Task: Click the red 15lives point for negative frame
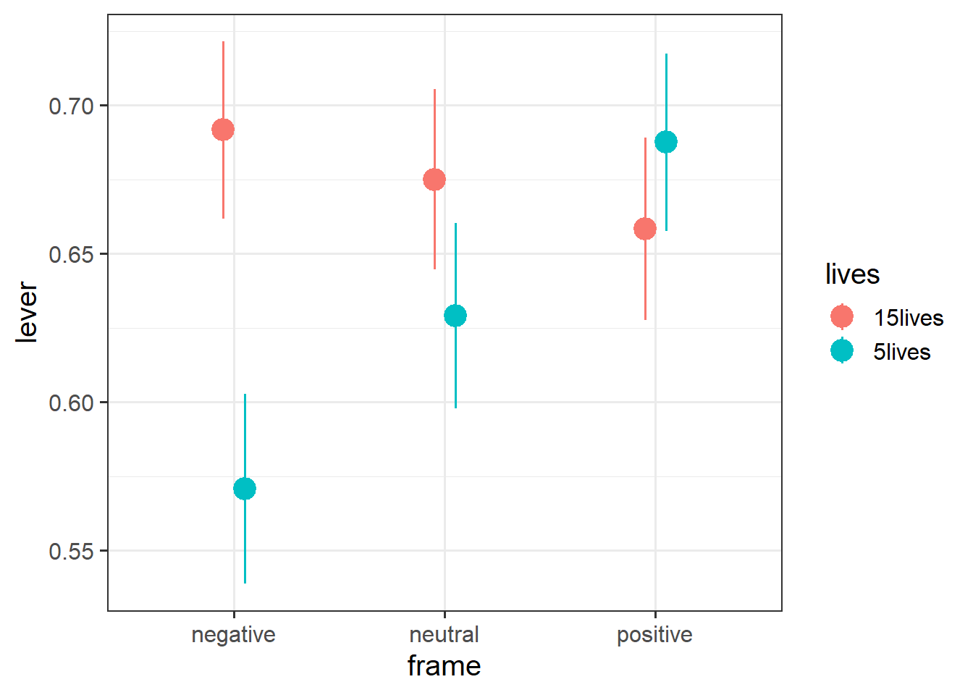point(223,130)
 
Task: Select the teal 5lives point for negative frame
point(245,489)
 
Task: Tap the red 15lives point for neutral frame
point(434,180)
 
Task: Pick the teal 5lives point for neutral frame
point(455,316)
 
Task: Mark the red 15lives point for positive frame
point(645,229)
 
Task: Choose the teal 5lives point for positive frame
point(666,142)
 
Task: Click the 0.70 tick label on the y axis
point(72,106)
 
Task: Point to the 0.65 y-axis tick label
point(72,255)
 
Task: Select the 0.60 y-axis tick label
point(72,403)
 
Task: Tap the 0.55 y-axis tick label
point(72,552)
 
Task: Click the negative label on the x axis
point(233,635)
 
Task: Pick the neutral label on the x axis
point(444,635)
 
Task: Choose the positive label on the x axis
point(654,635)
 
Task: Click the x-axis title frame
point(444,666)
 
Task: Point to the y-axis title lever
point(28,312)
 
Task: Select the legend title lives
point(852,275)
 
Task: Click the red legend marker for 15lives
point(842,316)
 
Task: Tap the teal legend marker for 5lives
point(842,350)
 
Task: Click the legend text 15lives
point(908,318)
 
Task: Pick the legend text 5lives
point(901,352)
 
